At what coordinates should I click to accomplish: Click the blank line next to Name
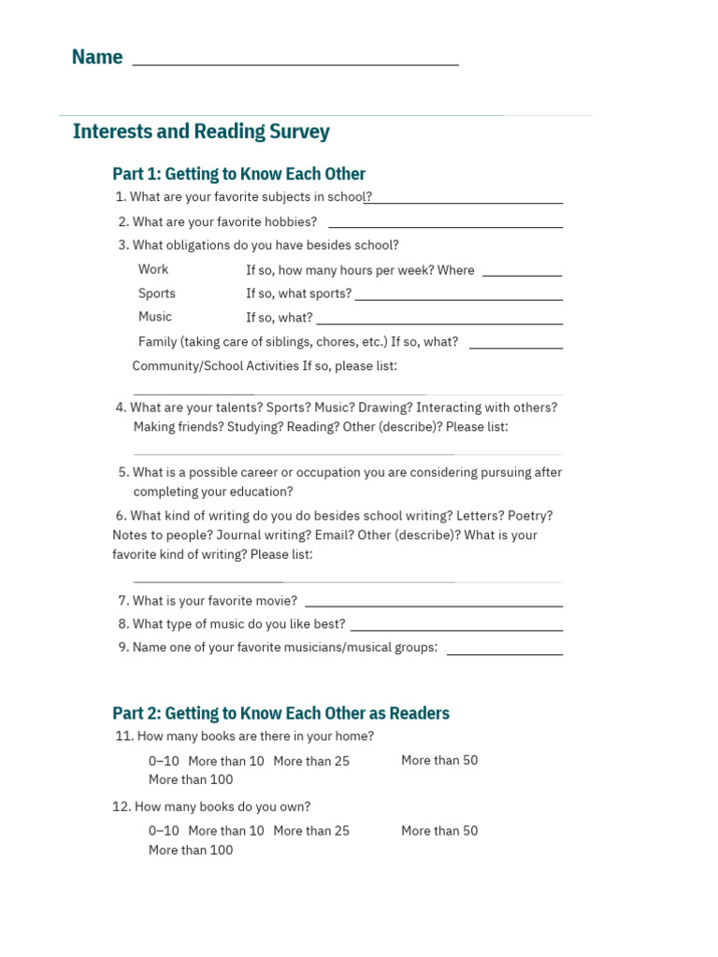pyautogui.click(x=295, y=62)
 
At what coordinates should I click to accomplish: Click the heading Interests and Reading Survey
pyautogui.click(x=201, y=132)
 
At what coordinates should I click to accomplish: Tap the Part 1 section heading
pyautogui.click(x=238, y=174)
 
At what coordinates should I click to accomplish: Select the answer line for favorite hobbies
pyautogui.click(x=445, y=224)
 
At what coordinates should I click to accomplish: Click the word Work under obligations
pyautogui.click(x=153, y=269)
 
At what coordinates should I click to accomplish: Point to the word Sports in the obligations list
pyautogui.click(x=157, y=293)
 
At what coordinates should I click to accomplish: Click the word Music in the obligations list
pyautogui.click(x=155, y=317)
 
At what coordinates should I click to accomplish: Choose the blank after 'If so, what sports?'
pyautogui.click(x=458, y=297)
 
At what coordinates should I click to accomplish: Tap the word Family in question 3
pyautogui.click(x=158, y=342)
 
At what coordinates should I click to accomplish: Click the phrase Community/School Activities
pyautogui.click(x=215, y=366)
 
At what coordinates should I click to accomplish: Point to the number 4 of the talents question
pyautogui.click(x=121, y=407)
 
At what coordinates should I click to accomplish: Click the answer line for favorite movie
pyautogui.click(x=434, y=604)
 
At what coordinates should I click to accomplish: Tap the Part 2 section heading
pyautogui.click(x=280, y=713)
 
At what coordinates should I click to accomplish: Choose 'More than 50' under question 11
pyautogui.click(x=439, y=761)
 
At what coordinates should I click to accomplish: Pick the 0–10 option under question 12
pyautogui.click(x=164, y=831)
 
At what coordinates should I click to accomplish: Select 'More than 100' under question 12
pyautogui.click(x=191, y=850)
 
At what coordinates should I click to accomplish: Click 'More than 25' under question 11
pyautogui.click(x=311, y=762)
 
